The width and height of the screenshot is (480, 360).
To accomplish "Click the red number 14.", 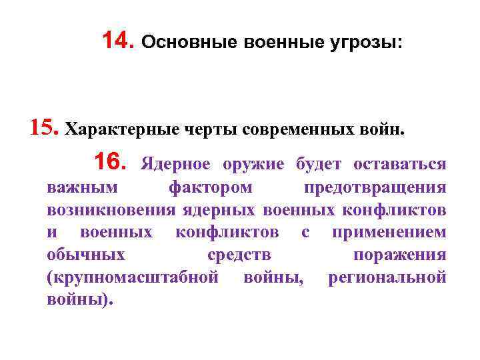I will [120, 42].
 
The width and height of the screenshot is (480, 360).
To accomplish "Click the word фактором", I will [210, 189].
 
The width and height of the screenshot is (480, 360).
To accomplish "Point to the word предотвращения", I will [375, 189].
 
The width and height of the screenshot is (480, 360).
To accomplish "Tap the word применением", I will [389, 233].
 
